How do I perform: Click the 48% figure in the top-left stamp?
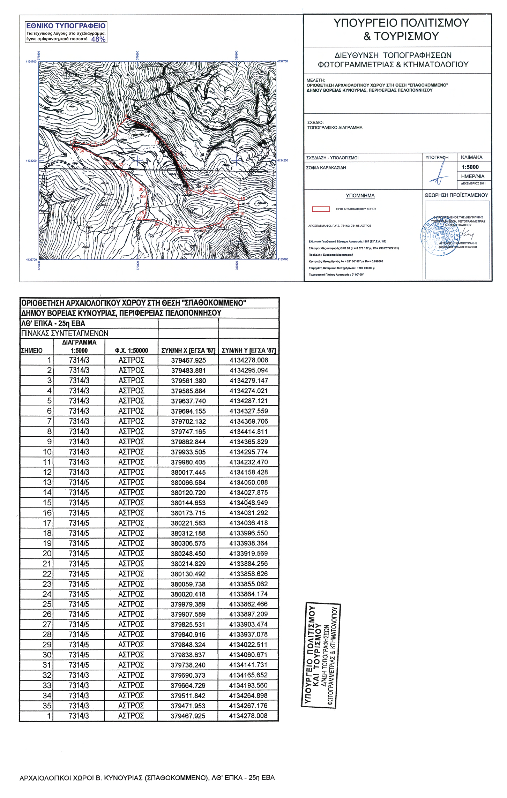(98, 39)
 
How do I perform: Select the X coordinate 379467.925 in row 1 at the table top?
(188, 360)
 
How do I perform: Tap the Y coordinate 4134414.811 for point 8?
(248, 431)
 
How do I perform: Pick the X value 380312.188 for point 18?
(188, 533)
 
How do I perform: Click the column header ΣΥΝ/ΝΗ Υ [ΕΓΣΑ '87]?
(249, 350)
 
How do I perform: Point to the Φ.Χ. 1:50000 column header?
(132, 351)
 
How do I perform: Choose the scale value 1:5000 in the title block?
(470, 167)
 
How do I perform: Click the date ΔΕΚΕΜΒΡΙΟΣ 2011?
(473, 183)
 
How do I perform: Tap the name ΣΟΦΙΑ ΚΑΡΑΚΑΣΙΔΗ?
(326, 168)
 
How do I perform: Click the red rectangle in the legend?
(321, 209)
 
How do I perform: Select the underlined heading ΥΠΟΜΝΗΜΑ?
(360, 196)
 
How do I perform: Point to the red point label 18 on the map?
(243, 199)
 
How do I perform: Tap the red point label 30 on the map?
(141, 189)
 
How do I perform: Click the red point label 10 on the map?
(157, 143)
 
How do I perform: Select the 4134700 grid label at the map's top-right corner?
(282, 61)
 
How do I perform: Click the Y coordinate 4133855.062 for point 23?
(248, 584)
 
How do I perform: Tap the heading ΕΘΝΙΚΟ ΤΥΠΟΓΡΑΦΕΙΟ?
(66, 26)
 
